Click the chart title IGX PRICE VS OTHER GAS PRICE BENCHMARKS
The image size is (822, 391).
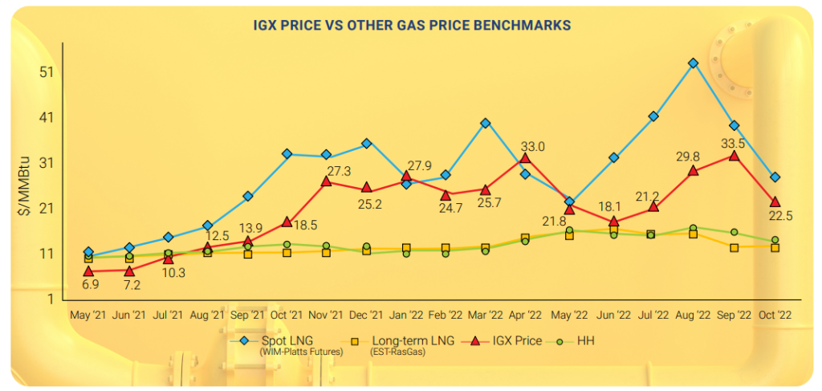click(x=410, y=26)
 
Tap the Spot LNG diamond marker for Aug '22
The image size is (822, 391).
click(x=694, y=63)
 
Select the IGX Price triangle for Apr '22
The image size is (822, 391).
click(x=525, y=158)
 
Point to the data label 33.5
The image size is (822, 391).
click(x=733, y=144)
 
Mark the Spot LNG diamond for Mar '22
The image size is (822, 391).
click(x=486, y=123)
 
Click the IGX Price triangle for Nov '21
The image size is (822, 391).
click(x=327, y=181)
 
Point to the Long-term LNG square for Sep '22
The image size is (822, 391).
click(x=734, y=247)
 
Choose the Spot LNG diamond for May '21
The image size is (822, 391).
click(x=88, y=252)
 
